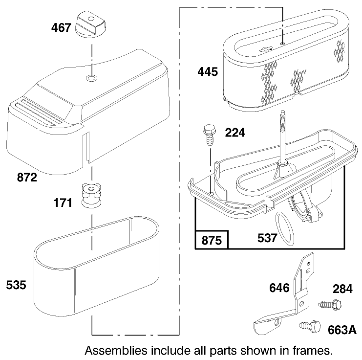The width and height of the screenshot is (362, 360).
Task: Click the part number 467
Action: (x=62, y=28)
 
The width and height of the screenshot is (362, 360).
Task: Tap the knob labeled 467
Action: (x=90, y=24)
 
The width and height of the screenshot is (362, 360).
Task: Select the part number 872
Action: (x=27, y=178)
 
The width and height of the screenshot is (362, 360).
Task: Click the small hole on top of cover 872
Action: (x=90, y=78)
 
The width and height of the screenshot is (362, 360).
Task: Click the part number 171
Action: (x=64, y=202)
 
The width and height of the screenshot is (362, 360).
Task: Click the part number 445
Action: (x=208, y=72)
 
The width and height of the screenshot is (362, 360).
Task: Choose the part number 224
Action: (x=235, y=132)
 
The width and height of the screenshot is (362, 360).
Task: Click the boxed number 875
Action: (x=212, y=240)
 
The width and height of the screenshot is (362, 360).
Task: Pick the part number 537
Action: (x=267, y=238)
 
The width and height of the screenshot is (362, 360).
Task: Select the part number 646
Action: (x=279, y=288)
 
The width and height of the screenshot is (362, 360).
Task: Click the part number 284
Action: (x=342, y=289)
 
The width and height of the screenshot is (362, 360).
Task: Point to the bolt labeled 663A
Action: (x=307, y=325)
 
